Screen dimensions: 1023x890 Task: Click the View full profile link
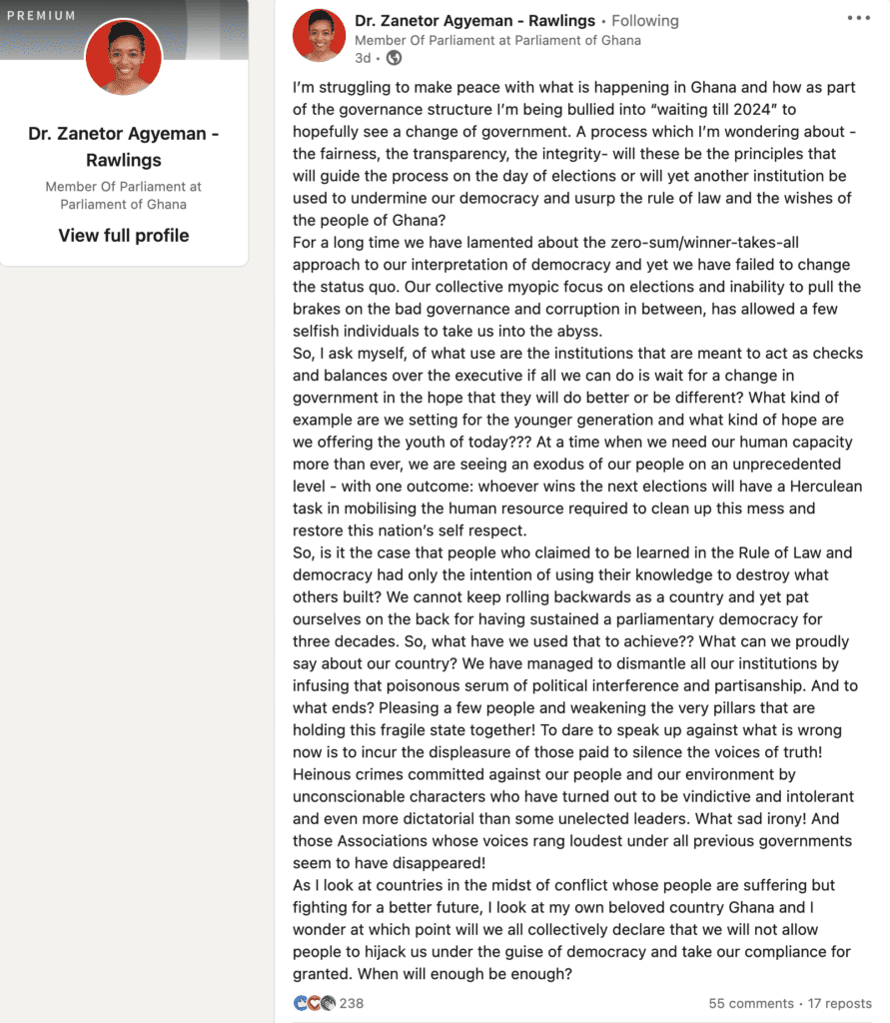[x=123, y=236]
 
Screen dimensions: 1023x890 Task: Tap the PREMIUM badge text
[x=41, y=15]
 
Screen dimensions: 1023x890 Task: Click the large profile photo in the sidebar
[x=124, y=57]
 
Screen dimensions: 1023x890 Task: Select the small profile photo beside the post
[x=319, y=36]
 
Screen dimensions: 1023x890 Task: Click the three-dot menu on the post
[x=858, y=18]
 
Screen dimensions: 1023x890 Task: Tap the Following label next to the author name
[x=645, y=21]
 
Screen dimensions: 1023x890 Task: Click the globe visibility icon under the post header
[x=394, y=58]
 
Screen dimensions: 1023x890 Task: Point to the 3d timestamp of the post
[x=363, y=58]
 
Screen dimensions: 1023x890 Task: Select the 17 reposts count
[x=840, y=1003]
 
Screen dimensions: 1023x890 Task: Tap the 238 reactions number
[x=352, y=1003]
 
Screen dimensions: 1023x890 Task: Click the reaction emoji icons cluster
[x=315, y=1003]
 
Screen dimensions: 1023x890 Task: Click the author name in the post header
[x=474, y=21]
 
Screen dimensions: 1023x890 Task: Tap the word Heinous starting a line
[x=322, y=774]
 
